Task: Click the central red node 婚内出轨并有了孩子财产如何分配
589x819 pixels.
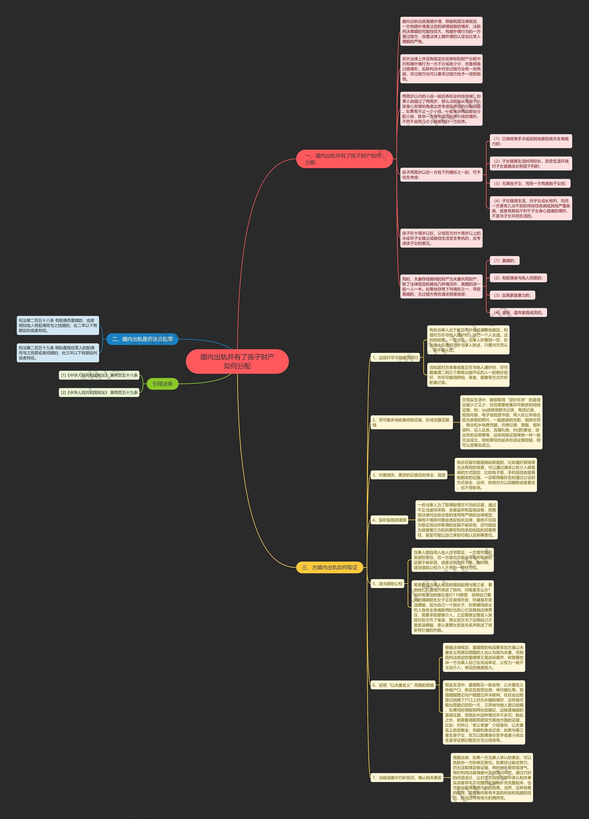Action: (x=237, y=361)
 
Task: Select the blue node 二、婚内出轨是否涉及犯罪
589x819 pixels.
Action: (x=142, y=339)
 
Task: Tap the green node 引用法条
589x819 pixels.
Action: (x=162, y=384)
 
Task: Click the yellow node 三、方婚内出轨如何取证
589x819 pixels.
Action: (x=329, y=567)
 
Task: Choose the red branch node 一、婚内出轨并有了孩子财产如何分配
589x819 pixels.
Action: (x=344, y=159)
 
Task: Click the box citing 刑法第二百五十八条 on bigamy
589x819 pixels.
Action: (x=58, y=325)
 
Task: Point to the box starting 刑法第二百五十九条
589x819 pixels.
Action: (x=58, y=353)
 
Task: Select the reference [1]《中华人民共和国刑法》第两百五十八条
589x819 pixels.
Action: (x=99, y=375)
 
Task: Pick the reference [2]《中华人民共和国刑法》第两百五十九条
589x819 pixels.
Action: (x=99, y=393)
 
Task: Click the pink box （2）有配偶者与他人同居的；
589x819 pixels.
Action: (x=518, y=278)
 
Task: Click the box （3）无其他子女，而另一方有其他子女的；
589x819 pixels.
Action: (x=530, y=184)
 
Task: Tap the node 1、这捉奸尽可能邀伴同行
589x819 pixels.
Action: (x=395, y=358)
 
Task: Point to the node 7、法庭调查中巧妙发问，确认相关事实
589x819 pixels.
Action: (x=407, y=778)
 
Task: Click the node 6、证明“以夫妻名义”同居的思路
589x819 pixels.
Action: (x=403, y=685)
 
